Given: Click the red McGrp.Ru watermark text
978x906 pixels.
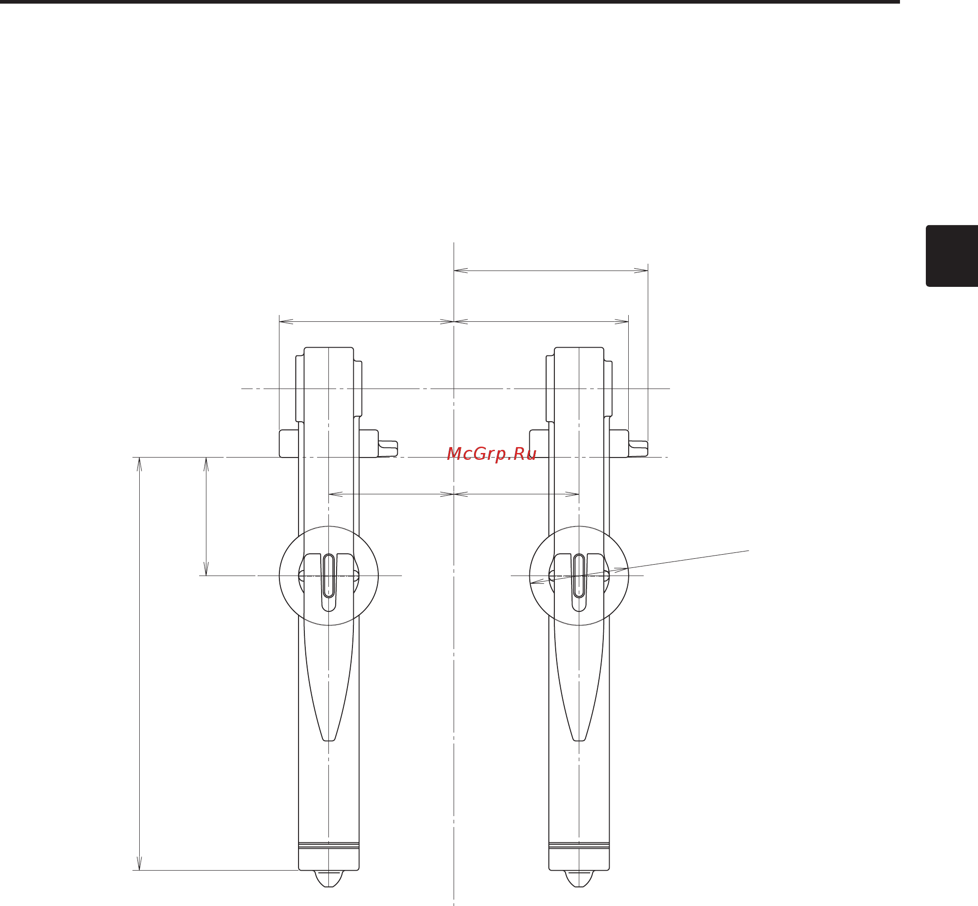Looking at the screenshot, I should pos(491,454).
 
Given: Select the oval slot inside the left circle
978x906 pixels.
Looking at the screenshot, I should pos(329,576).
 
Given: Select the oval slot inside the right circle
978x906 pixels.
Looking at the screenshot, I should pos(579,576).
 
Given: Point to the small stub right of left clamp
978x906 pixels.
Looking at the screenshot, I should pos(387,448).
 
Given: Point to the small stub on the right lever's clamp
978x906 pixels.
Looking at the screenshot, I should pos(638,448).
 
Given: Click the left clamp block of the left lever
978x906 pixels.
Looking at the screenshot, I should pos(289,443).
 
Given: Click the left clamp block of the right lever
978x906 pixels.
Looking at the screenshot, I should pos(539,443).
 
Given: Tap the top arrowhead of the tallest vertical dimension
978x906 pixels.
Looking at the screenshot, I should pos(140,463).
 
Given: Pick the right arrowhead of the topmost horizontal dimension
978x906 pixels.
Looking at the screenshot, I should pos(642,271).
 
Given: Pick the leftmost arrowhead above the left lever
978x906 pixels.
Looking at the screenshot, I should pos(285,322).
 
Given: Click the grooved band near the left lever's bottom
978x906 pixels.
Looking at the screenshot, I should pos(329,846).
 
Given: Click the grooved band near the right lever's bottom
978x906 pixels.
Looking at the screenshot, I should pos(579,846).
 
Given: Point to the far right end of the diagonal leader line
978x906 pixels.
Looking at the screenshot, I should pos(748,551).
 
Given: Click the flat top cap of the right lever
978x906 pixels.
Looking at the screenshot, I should pos(579,349).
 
